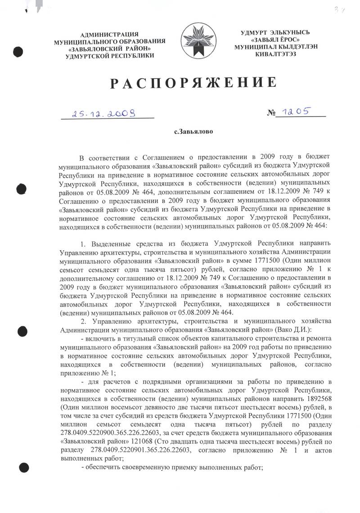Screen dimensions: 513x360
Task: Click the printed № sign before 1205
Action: (271, 114)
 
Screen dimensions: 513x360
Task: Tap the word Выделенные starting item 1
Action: (108, 244)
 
